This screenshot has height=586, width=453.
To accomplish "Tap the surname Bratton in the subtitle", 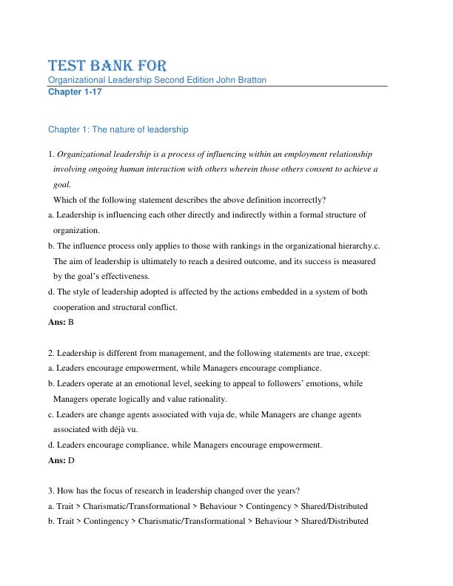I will (x=249, y=80).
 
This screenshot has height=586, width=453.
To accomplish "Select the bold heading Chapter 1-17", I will (x=73, y=92).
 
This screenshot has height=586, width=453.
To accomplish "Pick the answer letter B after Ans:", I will (x=71, y=323).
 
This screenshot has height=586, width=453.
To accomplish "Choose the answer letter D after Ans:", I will (x=71, y=460).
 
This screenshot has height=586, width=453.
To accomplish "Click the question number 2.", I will (x=50, y=353).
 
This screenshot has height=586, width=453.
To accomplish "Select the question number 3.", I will (x=50, y=491).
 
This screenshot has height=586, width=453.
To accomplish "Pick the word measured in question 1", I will (x=357, y=261).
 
